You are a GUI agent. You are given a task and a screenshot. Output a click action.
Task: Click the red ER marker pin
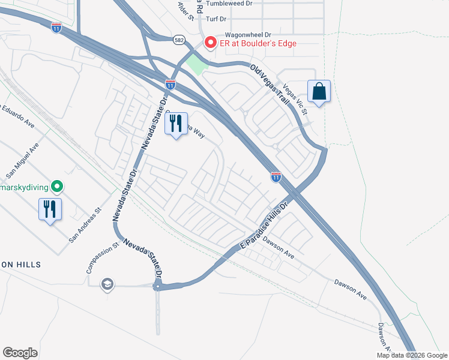coord(211,43)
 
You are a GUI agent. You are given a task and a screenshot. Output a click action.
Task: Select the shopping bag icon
coord(319,92)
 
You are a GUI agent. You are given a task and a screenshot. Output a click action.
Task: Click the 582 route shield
coord(179,40)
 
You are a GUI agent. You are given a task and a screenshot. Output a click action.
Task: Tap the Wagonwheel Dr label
coord(248,35)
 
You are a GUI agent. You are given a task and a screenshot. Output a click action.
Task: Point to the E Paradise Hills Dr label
coord(265,226)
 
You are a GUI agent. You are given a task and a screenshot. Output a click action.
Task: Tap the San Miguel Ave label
coord(22,161)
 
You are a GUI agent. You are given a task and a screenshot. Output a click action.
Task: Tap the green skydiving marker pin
coord(57,187)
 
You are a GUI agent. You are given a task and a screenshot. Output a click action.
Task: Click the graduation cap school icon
coord(107,284)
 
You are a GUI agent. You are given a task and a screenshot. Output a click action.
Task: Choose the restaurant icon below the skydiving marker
coord(50,209)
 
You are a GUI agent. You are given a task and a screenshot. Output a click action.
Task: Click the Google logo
coord(20,353)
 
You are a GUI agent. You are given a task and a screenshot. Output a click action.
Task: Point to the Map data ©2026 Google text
coord(411,355)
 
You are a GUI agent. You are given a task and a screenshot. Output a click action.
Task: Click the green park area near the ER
coord(196,64)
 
